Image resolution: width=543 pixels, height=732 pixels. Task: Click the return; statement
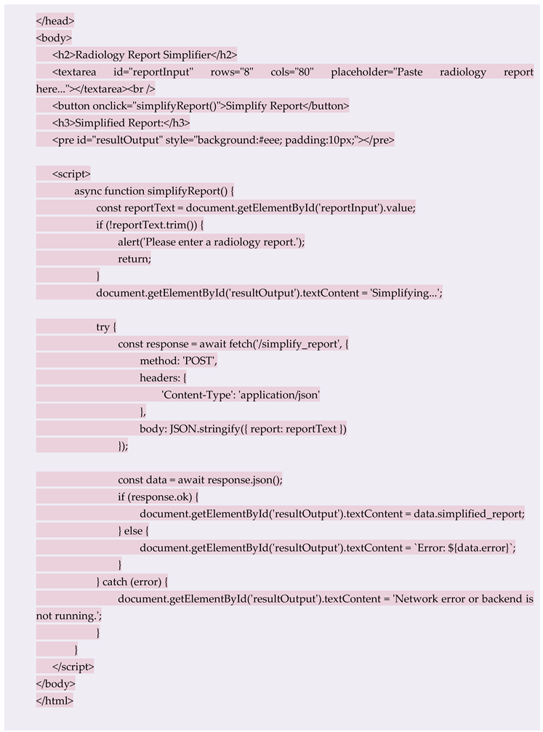134,258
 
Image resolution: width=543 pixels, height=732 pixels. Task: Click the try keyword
102,326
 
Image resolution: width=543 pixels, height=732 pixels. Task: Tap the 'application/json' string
279,394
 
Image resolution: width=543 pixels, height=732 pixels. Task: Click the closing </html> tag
55,700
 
